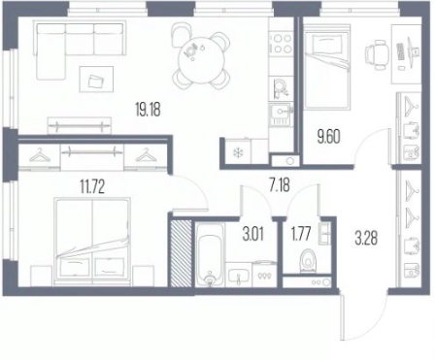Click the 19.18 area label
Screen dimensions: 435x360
148,110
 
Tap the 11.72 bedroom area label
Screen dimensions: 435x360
92,186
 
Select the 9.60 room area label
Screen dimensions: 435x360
329,137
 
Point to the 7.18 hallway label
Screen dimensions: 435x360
280,185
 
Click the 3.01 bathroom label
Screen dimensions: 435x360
252,234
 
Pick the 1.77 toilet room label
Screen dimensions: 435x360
301,234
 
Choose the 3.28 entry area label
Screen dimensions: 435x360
366,239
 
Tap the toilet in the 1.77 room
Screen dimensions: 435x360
308,261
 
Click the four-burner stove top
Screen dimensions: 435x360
282,44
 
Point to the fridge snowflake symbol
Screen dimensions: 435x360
238,153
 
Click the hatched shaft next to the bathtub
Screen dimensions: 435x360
181,252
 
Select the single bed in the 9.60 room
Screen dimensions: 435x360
327,67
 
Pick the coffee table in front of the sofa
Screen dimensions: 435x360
96,80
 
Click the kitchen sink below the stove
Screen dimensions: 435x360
281,115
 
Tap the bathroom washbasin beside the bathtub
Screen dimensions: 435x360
238,275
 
